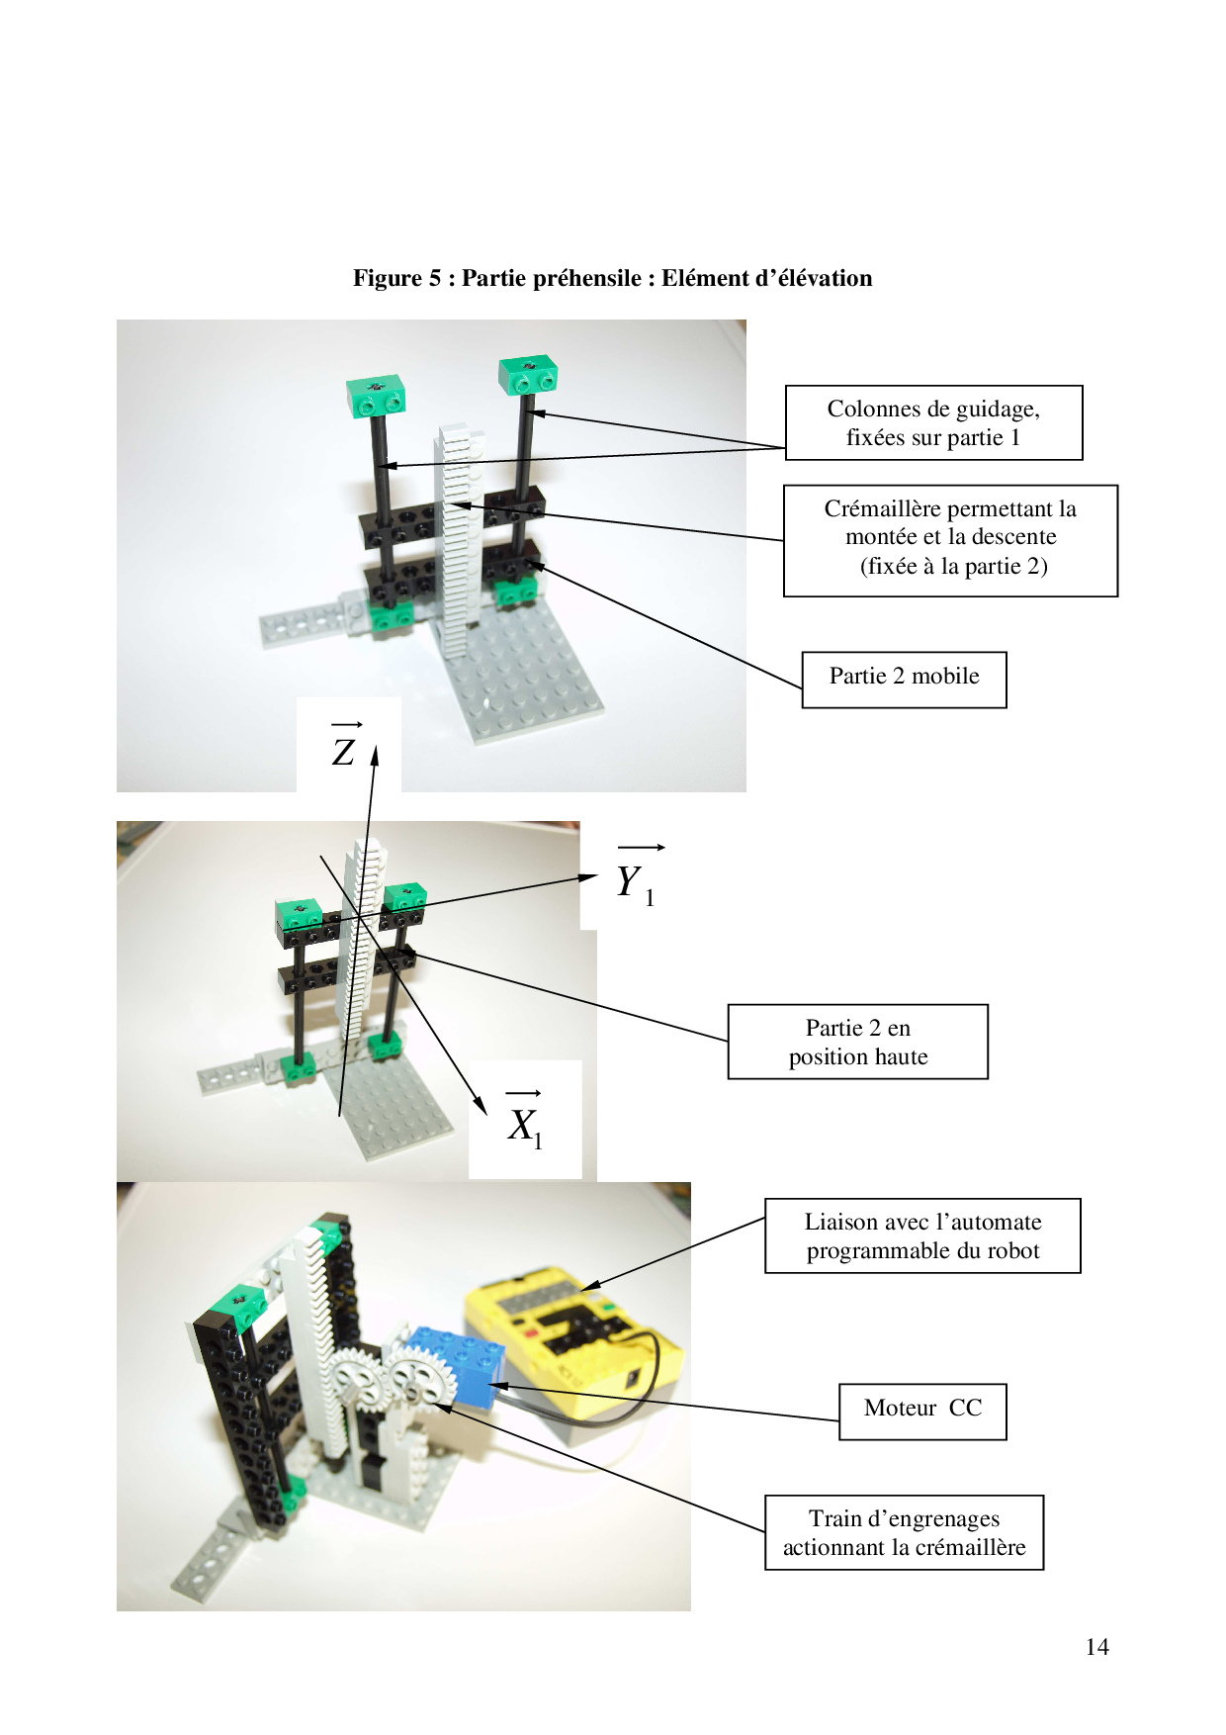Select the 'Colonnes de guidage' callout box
point(933,422)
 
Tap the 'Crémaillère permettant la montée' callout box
point(950,540)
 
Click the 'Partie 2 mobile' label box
point(904,680)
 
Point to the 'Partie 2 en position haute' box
point(858,1042)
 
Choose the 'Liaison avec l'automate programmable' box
point(922,1235)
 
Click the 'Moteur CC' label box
point(922,1412)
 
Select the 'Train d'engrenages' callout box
point(904,1532)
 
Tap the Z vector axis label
point(343,746)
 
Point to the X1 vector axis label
point(524,1120)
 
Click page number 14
point(1096,1647)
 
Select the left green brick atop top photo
point(376,396)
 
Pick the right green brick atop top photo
point(528,375)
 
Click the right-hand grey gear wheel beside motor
point(414,1379)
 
